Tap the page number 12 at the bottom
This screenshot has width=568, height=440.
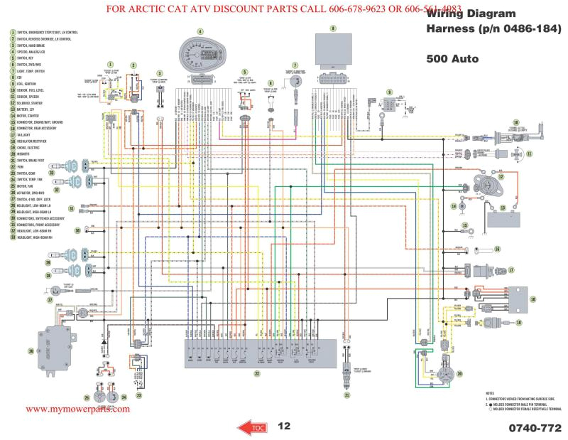coord(284,426)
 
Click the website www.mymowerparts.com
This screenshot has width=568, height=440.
coord(78,410)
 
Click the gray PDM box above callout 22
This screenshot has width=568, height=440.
coord(258,352)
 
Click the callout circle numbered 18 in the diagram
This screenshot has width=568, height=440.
coord(532,301)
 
